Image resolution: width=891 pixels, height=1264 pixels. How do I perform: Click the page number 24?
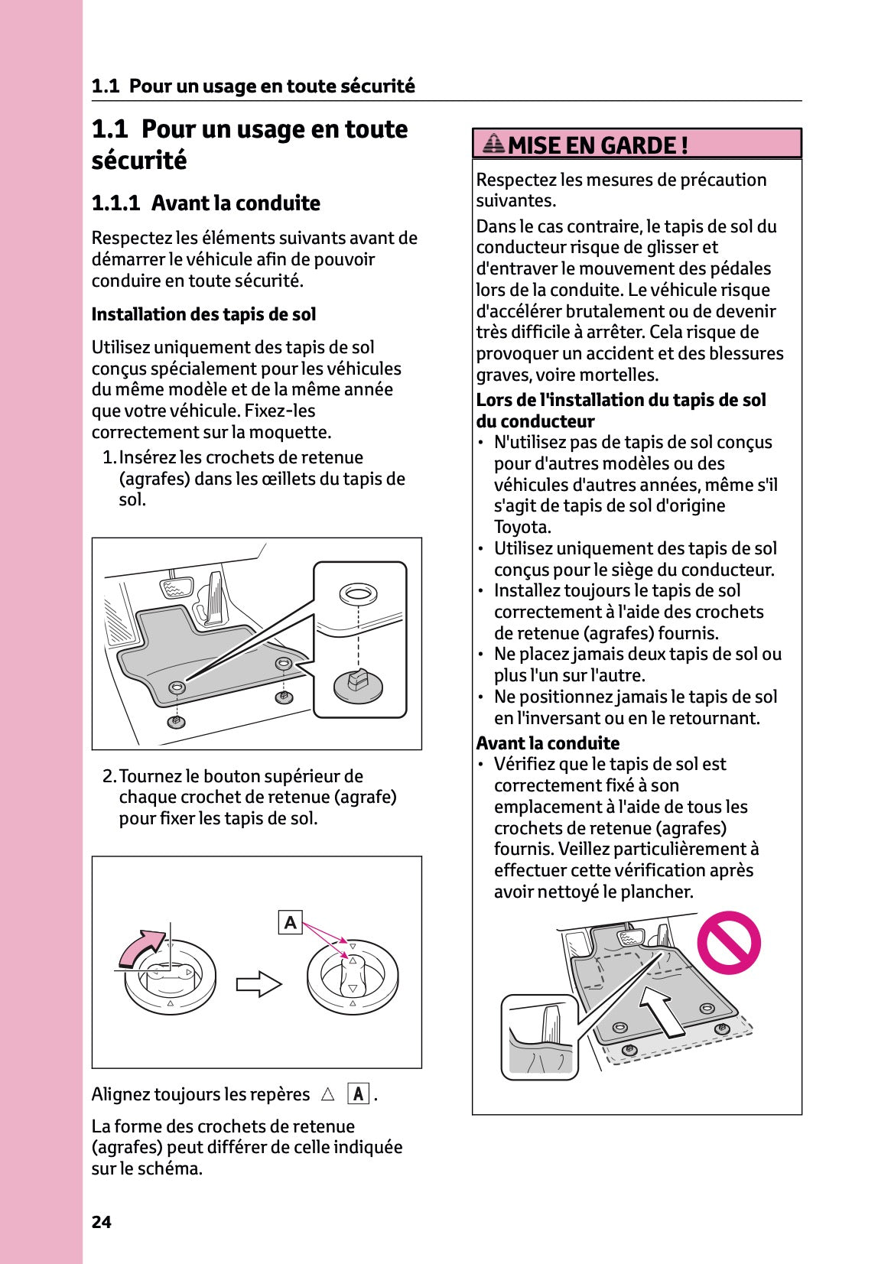[x=101, y=1222]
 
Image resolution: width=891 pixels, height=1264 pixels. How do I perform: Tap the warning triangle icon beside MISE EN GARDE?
[x=494, y=143]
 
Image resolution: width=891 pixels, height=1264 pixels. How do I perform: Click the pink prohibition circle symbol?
[x=728, y=942]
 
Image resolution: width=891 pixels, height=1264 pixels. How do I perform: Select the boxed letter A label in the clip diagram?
[x=290, y=923]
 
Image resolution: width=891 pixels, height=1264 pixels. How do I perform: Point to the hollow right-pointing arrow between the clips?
[x=259, y=984]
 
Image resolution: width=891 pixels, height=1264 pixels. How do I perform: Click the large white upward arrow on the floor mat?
[x=663, y=1009]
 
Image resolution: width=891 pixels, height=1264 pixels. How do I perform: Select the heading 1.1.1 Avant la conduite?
[x=206, y=203]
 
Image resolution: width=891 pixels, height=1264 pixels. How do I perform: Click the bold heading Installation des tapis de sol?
[x=203, y=314]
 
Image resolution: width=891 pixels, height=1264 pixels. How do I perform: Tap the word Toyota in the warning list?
[x=522, y=527]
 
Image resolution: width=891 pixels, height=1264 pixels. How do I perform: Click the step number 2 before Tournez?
[x=109, y=776]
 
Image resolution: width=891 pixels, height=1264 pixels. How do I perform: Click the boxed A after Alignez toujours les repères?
[x=358, y=1094]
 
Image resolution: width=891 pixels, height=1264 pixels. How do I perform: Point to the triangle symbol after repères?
[x=328, y=1094]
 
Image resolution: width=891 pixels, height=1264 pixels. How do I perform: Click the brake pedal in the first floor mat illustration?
[x=176, y=589]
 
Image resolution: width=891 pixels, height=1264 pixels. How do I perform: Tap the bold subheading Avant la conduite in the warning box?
[x=548, y=743]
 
